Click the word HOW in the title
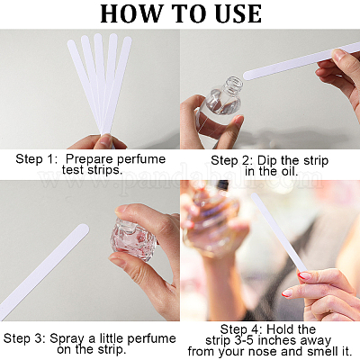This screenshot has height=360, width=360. pyautogui.click(x=130, y=13)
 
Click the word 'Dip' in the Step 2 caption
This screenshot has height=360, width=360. pyautogui.click(x=267, y=160)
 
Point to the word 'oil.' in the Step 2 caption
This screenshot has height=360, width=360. pyautogui.click(x=287, y=172)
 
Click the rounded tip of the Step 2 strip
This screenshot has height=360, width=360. pyautogui.click(x=247, y=76)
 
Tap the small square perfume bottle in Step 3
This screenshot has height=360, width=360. pyautogui.click(x=133, y=238)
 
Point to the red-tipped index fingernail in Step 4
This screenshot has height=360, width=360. pyautogui.click(x=304, y=274)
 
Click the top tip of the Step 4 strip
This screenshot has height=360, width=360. pyautogui.click(x=254, y=195)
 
